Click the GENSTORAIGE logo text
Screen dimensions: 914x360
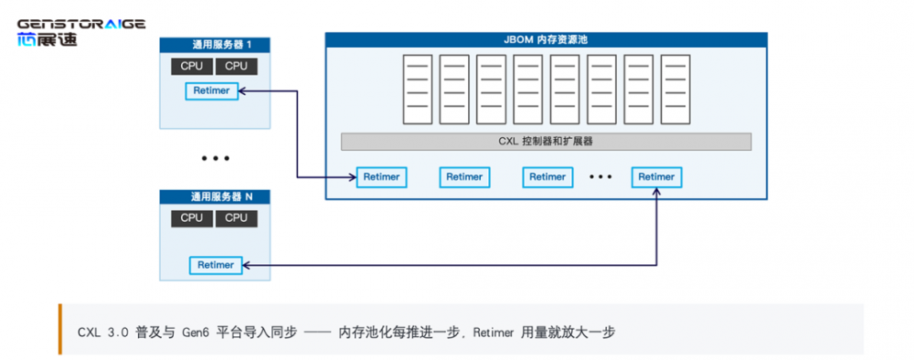click(x=81, y=24)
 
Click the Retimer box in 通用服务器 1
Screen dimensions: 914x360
click(x=212, y=90)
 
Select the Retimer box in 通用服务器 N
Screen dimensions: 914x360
click(x=215, y=265)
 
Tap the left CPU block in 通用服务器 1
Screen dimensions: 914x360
click(x=192, y=67)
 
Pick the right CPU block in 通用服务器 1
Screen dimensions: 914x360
click(x=236, y=67)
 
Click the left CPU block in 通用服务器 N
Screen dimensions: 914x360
click(x=192, y=218)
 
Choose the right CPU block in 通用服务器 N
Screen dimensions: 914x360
click(x=236, y=218)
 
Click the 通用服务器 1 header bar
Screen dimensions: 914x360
click(x=215, y=45)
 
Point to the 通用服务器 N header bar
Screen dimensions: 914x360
click(x=215, y=196)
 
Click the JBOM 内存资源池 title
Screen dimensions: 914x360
click(x=546, y=40)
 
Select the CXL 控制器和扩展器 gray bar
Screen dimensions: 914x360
click(x=546, y=142)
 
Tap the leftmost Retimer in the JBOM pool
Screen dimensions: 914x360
click(x=381, y=177)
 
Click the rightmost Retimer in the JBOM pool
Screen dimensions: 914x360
click(x=656, y=177)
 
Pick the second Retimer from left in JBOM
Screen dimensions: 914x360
click(x=464, y=177)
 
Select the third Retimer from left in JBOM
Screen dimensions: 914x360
click(x=547, y=177)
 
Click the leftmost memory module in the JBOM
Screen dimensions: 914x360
click(x=418, y=90)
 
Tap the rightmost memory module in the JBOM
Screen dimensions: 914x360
click(x=675, y=90)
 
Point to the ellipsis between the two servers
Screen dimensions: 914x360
click(x=215, y=158)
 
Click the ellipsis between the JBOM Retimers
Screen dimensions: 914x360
click(x=600, y=176)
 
